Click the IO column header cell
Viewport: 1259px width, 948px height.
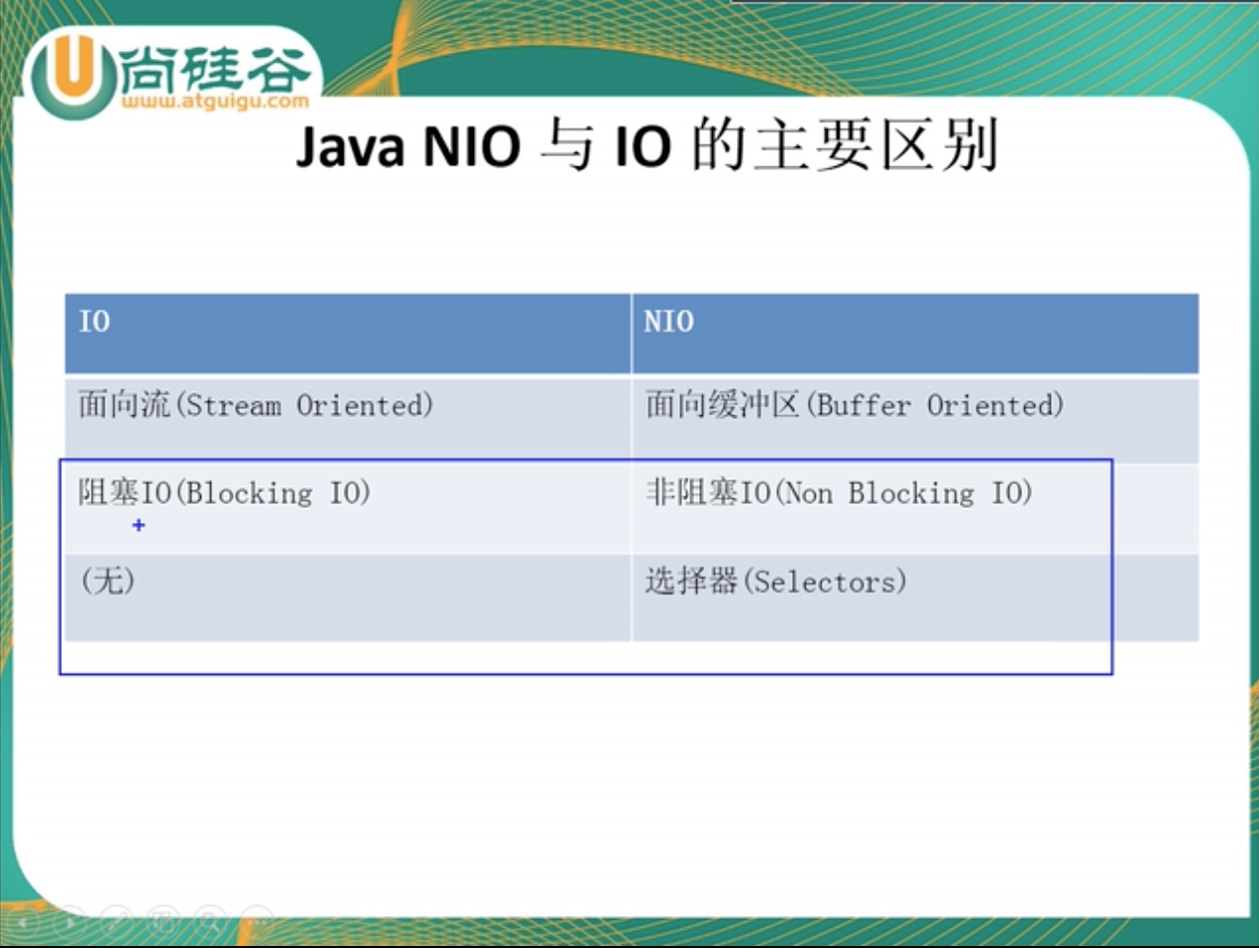click(348, 334)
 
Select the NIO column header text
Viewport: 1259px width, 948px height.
click(668, 321)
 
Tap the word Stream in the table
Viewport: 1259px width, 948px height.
click(234, 406)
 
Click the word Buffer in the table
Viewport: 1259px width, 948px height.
click(864, 406)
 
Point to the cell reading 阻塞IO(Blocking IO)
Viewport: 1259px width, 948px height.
click(348, 509)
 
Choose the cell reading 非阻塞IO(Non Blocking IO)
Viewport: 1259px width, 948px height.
click(914, 509)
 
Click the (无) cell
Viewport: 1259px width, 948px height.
click(348, 597)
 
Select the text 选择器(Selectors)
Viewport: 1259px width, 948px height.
click(777, 582)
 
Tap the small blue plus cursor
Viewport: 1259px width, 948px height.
click(138, 525)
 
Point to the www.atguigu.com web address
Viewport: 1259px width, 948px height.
click(215, 102)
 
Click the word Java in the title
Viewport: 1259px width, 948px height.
click(351, 146)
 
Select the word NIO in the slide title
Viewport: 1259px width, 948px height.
click(471, 146)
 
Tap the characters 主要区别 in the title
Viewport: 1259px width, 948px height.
click(877, 144)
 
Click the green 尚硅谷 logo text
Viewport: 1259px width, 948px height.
click(215, 69)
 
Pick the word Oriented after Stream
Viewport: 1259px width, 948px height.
click(365, 406)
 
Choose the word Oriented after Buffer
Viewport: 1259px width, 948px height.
click(995, 406)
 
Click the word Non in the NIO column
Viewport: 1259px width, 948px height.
click(808, 494)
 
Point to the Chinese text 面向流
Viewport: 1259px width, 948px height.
click(125, 404)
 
